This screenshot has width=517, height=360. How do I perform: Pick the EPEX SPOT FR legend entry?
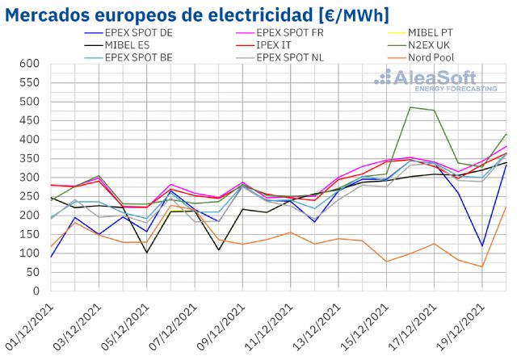point(292,33)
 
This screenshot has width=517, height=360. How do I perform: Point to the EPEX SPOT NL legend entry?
point(292,58)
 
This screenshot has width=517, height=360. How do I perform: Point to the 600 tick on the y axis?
point(29,64)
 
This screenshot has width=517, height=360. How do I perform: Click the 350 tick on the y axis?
point(29,158)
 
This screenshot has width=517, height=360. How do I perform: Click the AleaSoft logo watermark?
point(436,79)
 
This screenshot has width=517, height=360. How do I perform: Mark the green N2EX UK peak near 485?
point(411,107)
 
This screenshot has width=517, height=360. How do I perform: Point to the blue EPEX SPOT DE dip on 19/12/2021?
point(482,246)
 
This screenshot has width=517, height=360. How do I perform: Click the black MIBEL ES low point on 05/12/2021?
point(145,253)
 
